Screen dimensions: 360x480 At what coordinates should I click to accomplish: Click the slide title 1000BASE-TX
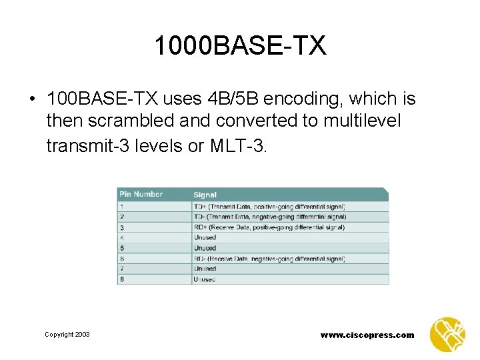pos(240,46)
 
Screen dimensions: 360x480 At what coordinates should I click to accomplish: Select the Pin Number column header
pos(141,194)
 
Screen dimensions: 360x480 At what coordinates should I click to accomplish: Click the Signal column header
pos(205,195)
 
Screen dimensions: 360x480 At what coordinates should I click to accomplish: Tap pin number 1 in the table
pos(121,206)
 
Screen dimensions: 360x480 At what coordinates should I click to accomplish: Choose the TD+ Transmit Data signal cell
pos(269,207)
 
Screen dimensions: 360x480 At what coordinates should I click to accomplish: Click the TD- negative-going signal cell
pos(270,217)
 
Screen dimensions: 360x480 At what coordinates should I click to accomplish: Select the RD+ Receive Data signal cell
pos(269,227)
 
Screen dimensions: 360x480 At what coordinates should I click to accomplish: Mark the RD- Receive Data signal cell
pos(269,259)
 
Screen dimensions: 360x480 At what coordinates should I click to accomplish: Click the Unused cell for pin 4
pos(205,237)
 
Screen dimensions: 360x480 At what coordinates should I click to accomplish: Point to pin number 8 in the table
pos(121,279)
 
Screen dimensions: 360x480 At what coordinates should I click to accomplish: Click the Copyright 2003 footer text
pos(67,335)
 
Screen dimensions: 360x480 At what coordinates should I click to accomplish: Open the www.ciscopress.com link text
pos(367,335)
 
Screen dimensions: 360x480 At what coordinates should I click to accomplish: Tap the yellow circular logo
pos(447,334)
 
